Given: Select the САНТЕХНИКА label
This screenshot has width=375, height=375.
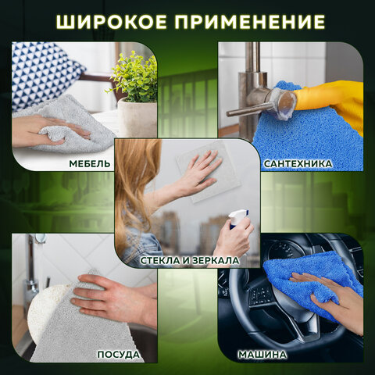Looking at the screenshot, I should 298,163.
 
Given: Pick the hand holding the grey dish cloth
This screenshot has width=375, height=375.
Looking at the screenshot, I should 109,301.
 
